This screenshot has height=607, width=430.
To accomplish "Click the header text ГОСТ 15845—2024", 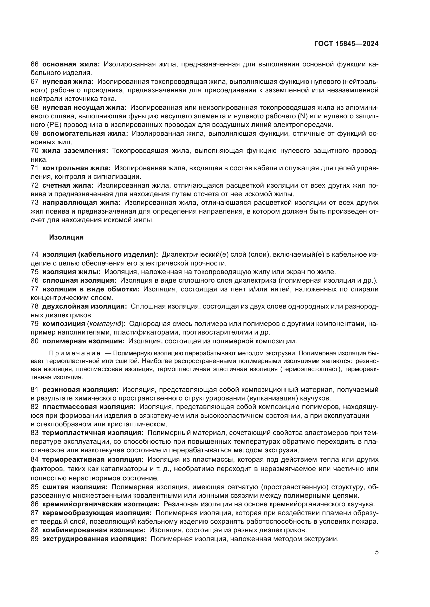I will tap(346, 44).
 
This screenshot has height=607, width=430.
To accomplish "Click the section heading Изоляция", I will tap(66, 237).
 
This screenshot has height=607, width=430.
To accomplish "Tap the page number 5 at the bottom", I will tap(376, 552).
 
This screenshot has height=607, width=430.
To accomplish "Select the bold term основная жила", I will tap(71, 64).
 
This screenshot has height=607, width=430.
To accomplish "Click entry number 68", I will tap(34, 108).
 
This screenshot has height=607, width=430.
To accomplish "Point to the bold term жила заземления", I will tap(75, 151).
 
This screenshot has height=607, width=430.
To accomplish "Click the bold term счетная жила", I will tap(68, 185).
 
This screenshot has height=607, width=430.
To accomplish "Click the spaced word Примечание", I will tap(75, 353).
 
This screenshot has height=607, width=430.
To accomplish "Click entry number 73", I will tap(34, 202).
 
